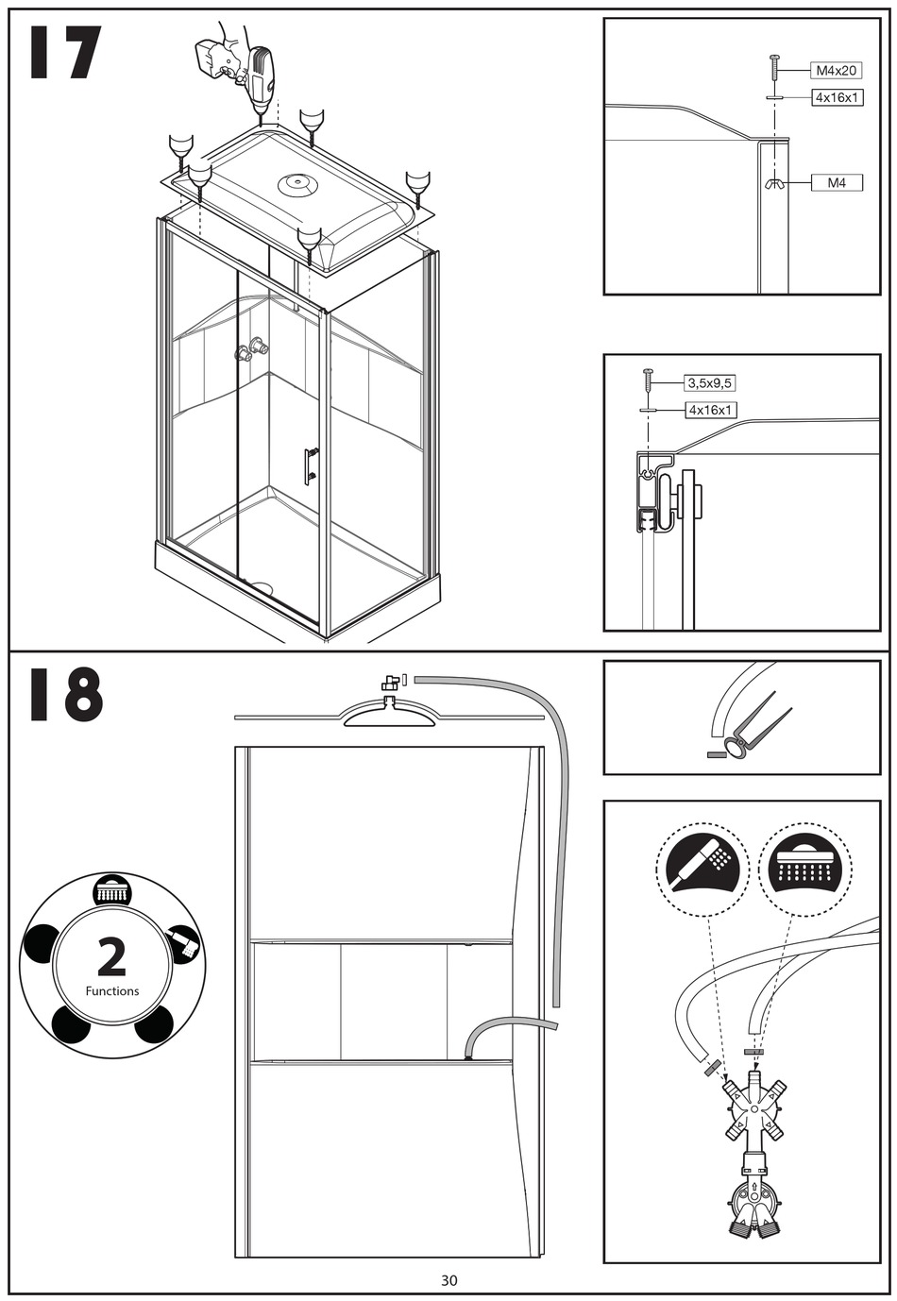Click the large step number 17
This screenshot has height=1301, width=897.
coord(64,55)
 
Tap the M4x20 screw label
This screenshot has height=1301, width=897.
coord(836,70)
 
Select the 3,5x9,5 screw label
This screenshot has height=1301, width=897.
coord(709,383)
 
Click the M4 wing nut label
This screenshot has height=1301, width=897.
coord(837,183)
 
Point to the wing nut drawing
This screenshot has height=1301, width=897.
coord(774,183)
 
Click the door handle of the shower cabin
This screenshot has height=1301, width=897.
coord(310,465)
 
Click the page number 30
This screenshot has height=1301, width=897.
coord(448,1280)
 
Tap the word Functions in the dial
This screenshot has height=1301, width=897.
coord(111,991)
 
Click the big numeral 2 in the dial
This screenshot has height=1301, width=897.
coord(111,957)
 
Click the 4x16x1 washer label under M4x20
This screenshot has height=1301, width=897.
coord(837,97)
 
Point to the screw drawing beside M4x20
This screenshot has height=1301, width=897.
coord(774,68)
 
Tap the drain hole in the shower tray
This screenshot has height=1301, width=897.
coord(261,588)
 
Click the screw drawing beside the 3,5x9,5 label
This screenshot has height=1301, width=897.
coord(648,381)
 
